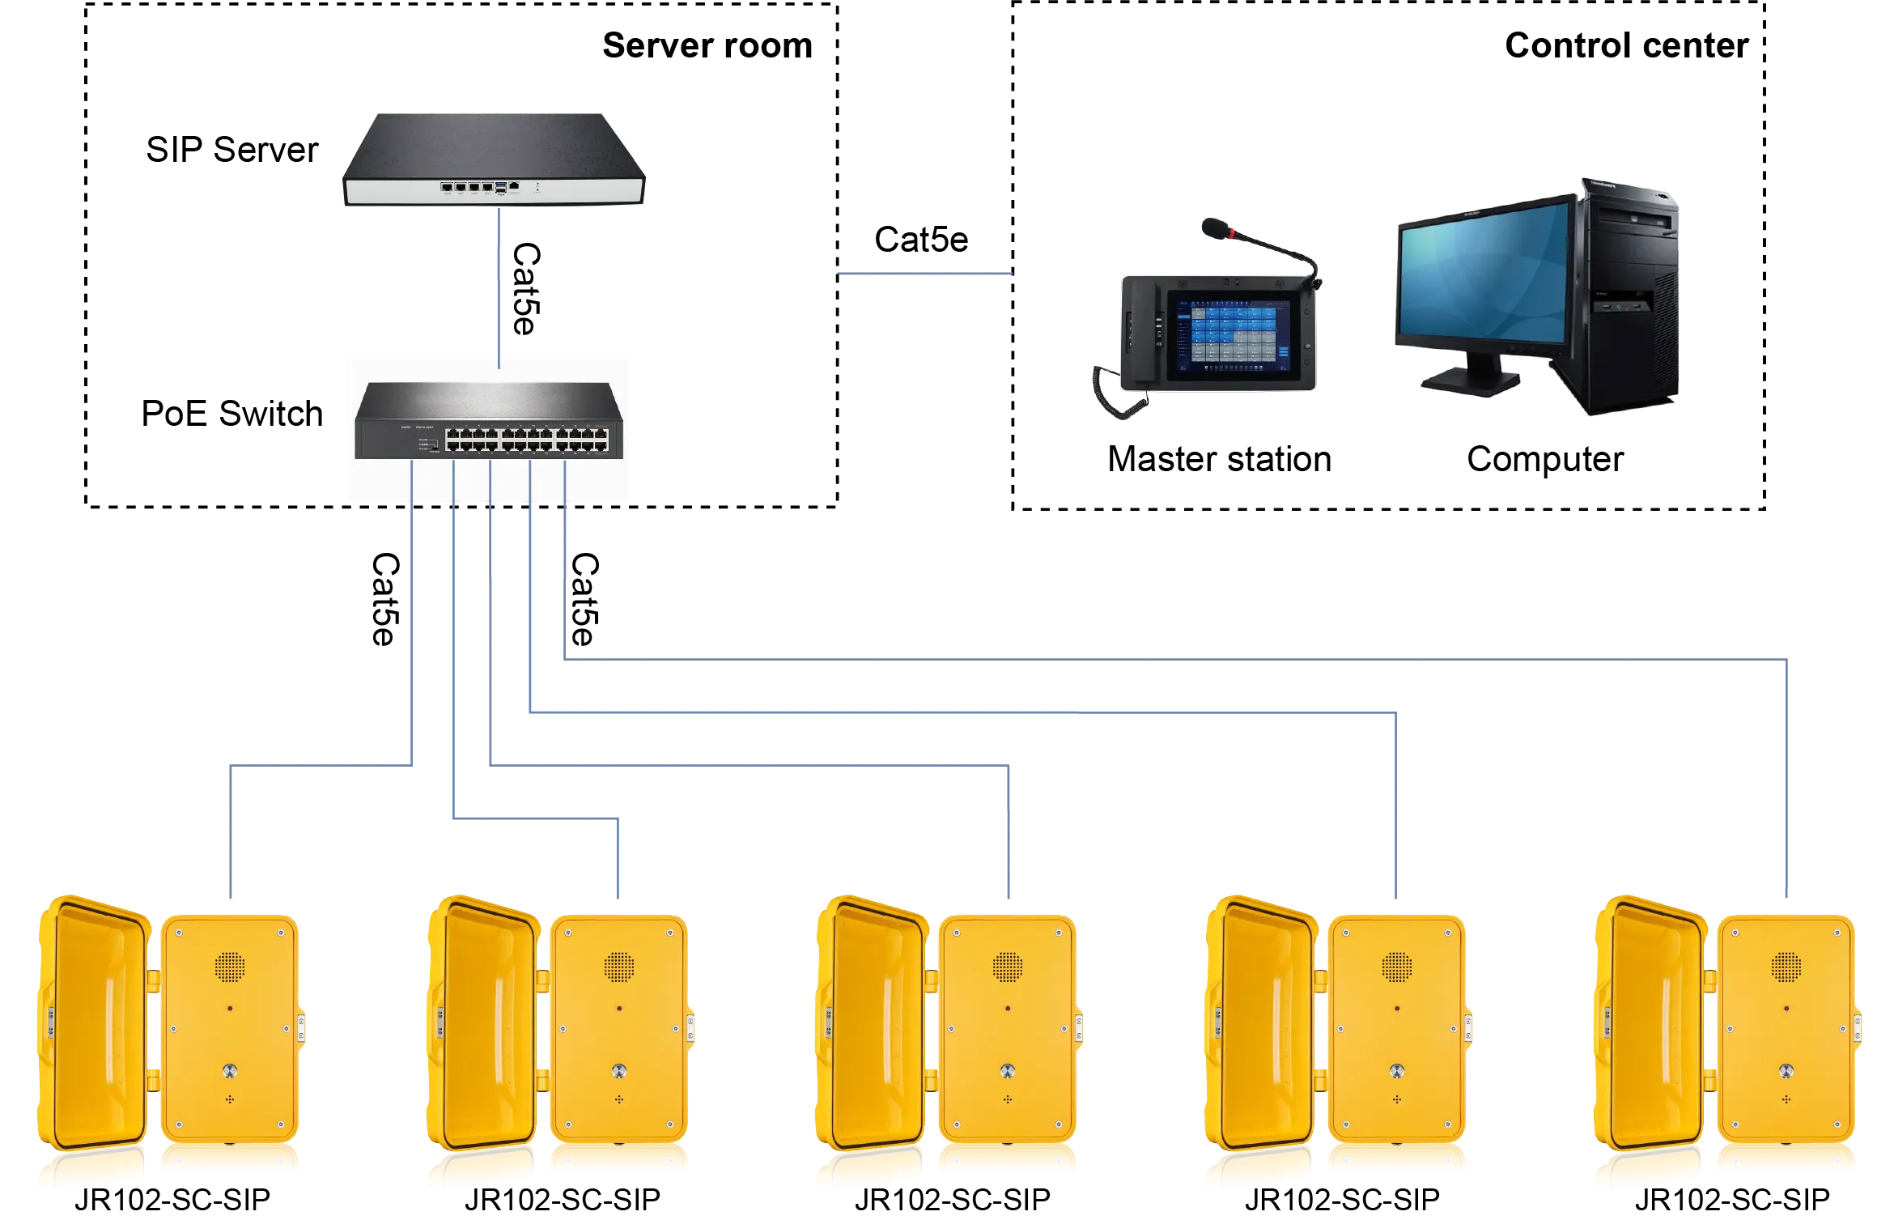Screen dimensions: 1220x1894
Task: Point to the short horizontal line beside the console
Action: click(x=925, y=275)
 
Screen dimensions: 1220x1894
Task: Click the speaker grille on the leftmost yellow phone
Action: click(x=230, y=965)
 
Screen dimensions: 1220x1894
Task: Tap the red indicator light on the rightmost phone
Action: click(x=1786, y=1010)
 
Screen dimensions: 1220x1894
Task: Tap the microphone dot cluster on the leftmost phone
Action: click(x=230, y=1099)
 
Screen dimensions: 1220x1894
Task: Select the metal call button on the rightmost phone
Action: click(x=1786, y=1070)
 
